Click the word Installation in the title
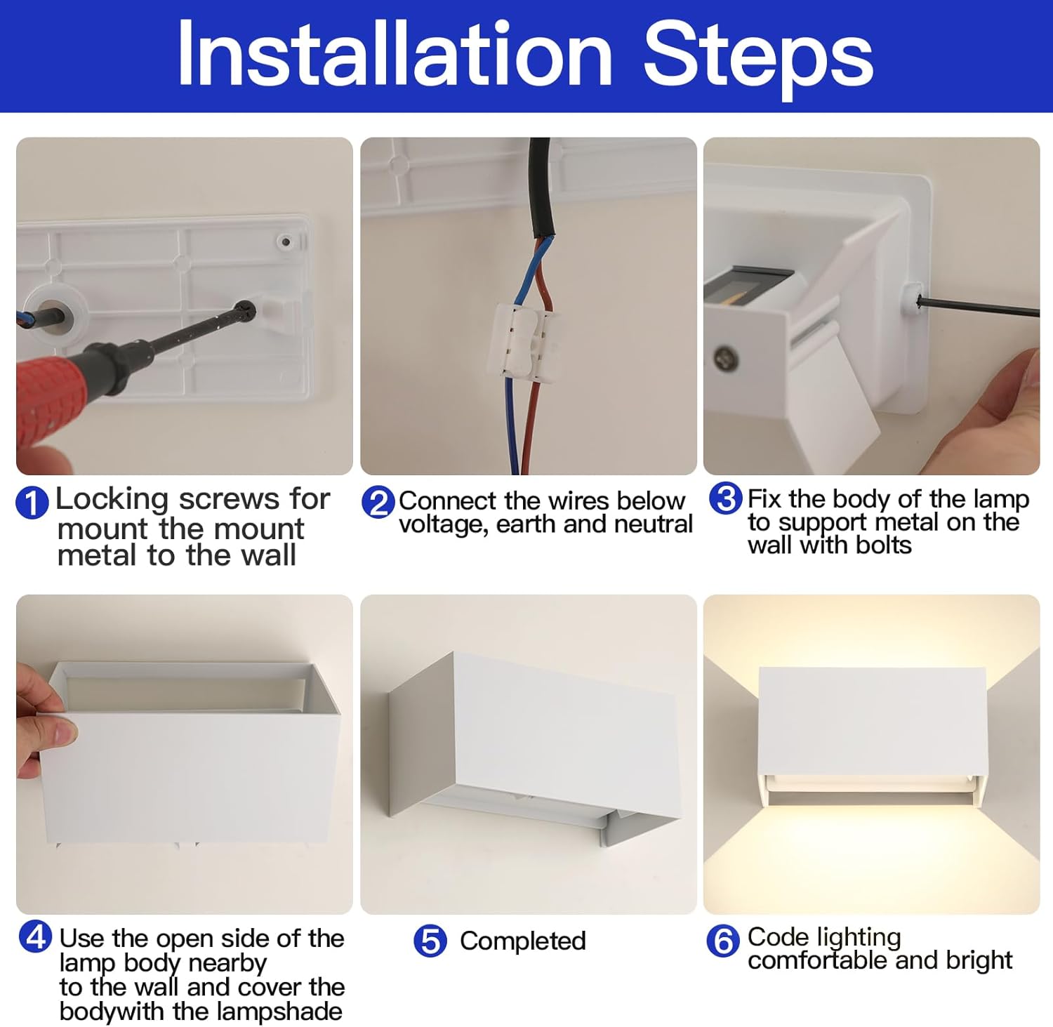(x=395, y=55)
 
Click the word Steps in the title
(x=758, y=56)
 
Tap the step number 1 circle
(x=32, y=503)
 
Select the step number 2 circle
(x=378, y=503)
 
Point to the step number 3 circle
(x=725, y=498)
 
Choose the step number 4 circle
(x=35, y=936)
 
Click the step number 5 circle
(x=430, y=941)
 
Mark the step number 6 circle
(x=723, y=941)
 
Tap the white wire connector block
(x=522, y=344)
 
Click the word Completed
(x=522, y=941)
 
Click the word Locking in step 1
(x=112, y=499)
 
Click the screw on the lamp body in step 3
(x=725, y=358)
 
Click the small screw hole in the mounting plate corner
(x=286, y=242)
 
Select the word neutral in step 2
(x=653, y=524)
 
